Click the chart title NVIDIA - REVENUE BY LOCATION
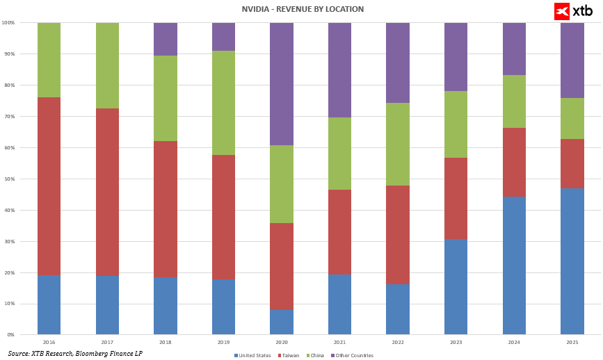pyautogui.click(x=303, y=9)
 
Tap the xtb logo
pyautogui.click(x=573, y=11)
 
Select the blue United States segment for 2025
pyautogui.click(x=572, y=261)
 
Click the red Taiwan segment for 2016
pyautogui.click(x=49, y=186)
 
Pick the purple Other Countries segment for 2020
pyautogui.click(x=282, y=84)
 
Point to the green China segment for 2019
pyautogui.click(x=223, y=103)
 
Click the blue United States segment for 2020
pyautogui.click(x=282, y=322)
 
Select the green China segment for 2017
pyautogui.click(x=107, y=65)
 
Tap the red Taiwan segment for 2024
pyautogui.click(x=514, y=162)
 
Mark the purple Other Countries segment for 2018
pyautogui.click(x=166, y=39)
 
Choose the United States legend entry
pyautogui.click(x=252, y=355)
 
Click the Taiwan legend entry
pyautogui.click(x=289, y=355)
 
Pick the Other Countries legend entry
pyautogui.click(x=353, y=355)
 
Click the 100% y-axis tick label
pyautogui.click(x=8, y=23)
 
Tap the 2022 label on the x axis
pyautogui.click(x=398, y=342)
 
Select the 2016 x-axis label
pyautogui.click(x=49, y=342)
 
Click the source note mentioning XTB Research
pyautogui.click(x=75, y=354)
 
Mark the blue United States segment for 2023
pyautogui.click(x=456, y=286)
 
